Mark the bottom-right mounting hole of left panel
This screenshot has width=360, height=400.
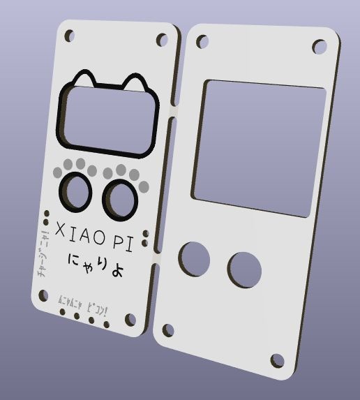130,319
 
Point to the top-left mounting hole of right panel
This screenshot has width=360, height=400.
202,42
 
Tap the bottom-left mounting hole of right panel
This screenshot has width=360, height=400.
168,329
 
